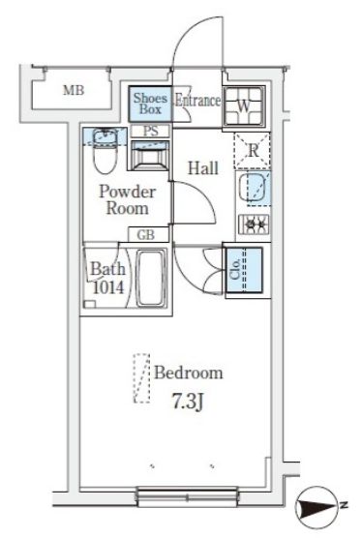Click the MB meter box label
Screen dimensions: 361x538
pos(74,90)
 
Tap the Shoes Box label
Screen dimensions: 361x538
pos(150,104)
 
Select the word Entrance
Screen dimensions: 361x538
pos(197,101)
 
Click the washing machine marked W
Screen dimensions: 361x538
pos(244,106)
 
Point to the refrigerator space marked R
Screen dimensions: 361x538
pos(253,150)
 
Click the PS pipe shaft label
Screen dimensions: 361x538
pos(151,131)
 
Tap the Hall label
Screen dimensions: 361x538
pos(203,168)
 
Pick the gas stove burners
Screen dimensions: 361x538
pos(254,224)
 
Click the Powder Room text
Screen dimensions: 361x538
pos(128,200)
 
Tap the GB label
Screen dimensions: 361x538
pos(146,235)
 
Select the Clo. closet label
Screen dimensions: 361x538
pos(235,269)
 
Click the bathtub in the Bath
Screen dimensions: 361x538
pos(151,279)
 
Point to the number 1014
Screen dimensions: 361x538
pos(108,287)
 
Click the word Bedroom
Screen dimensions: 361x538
pos(189,373)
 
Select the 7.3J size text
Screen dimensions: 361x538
pos(189,402)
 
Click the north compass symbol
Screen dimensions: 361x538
pos(317,506)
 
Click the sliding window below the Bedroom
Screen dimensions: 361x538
pos(187,496)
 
